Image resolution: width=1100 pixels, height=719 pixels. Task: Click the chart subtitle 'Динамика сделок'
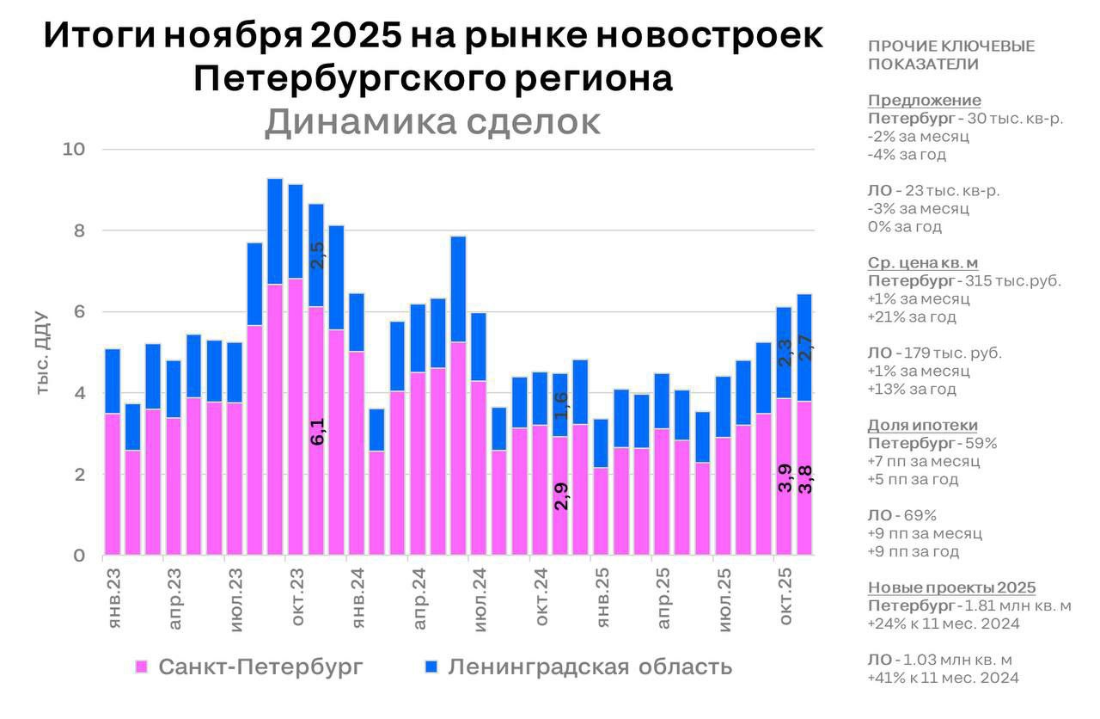(432, 122)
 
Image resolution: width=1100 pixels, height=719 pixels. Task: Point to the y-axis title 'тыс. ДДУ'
(43, 359)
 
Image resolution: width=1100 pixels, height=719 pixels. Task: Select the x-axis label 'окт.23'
(297, 597)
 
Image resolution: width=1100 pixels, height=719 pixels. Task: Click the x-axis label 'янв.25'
(602, 597)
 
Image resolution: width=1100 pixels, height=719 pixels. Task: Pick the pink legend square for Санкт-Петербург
(143, 667)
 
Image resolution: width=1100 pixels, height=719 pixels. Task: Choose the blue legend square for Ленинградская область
(432, 667)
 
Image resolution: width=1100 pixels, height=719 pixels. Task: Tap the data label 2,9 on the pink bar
(560, 496)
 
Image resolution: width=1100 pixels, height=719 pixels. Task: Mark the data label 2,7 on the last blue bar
(805, 347)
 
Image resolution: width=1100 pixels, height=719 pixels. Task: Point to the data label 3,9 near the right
(785, 478)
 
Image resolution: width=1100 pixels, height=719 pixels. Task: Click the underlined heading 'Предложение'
(924, 101)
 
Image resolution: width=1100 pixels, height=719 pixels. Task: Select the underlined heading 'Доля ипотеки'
(922, 426)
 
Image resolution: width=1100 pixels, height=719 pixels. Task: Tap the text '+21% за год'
(912, 317)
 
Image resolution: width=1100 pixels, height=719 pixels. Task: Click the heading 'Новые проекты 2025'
(951, 588)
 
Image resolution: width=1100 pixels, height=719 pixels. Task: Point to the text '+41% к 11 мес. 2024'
(943, 679)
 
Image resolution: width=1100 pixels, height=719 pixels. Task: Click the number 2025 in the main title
(357, 36)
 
